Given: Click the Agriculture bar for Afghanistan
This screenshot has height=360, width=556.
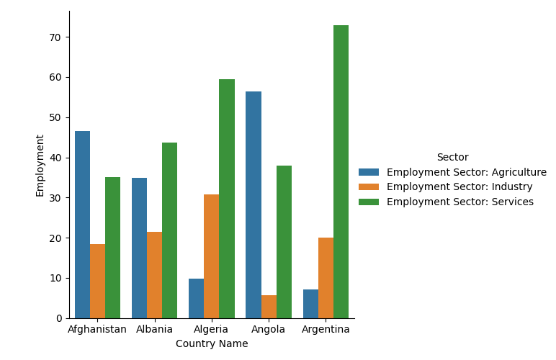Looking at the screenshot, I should click(82, 225).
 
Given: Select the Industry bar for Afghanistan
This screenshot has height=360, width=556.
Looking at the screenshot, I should click(97, 281).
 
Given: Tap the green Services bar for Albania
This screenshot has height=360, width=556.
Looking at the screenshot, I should click(169, 230).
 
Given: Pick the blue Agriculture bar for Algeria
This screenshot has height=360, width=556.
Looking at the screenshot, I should click(196, 298).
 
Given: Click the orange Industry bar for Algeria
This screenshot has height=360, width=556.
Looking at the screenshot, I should click(211, 256).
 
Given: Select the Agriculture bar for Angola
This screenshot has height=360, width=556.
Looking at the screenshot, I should click(254, 204).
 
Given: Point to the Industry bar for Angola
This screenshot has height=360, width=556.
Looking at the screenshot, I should click(269, 307).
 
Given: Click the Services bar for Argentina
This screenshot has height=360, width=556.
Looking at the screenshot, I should click(341, 171).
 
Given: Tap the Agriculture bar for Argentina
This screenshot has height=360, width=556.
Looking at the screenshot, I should click(310, 304).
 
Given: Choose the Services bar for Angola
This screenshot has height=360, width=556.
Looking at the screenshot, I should click(284, 242).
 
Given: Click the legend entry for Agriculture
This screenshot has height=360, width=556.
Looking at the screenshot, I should click(466, 172).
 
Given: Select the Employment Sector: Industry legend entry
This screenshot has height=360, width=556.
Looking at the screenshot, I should click(459, 187).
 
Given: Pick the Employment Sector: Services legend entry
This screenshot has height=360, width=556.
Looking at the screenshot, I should click(459, 202).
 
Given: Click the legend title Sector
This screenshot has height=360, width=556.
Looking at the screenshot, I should click(452, 157).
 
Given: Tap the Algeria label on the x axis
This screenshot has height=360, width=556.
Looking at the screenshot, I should click(212, 330).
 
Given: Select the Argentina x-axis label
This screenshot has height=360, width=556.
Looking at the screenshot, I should click(326, 330).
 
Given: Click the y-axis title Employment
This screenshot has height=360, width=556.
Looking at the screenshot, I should click(40, 165).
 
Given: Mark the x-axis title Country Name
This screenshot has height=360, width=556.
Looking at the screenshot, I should click(212, 344).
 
